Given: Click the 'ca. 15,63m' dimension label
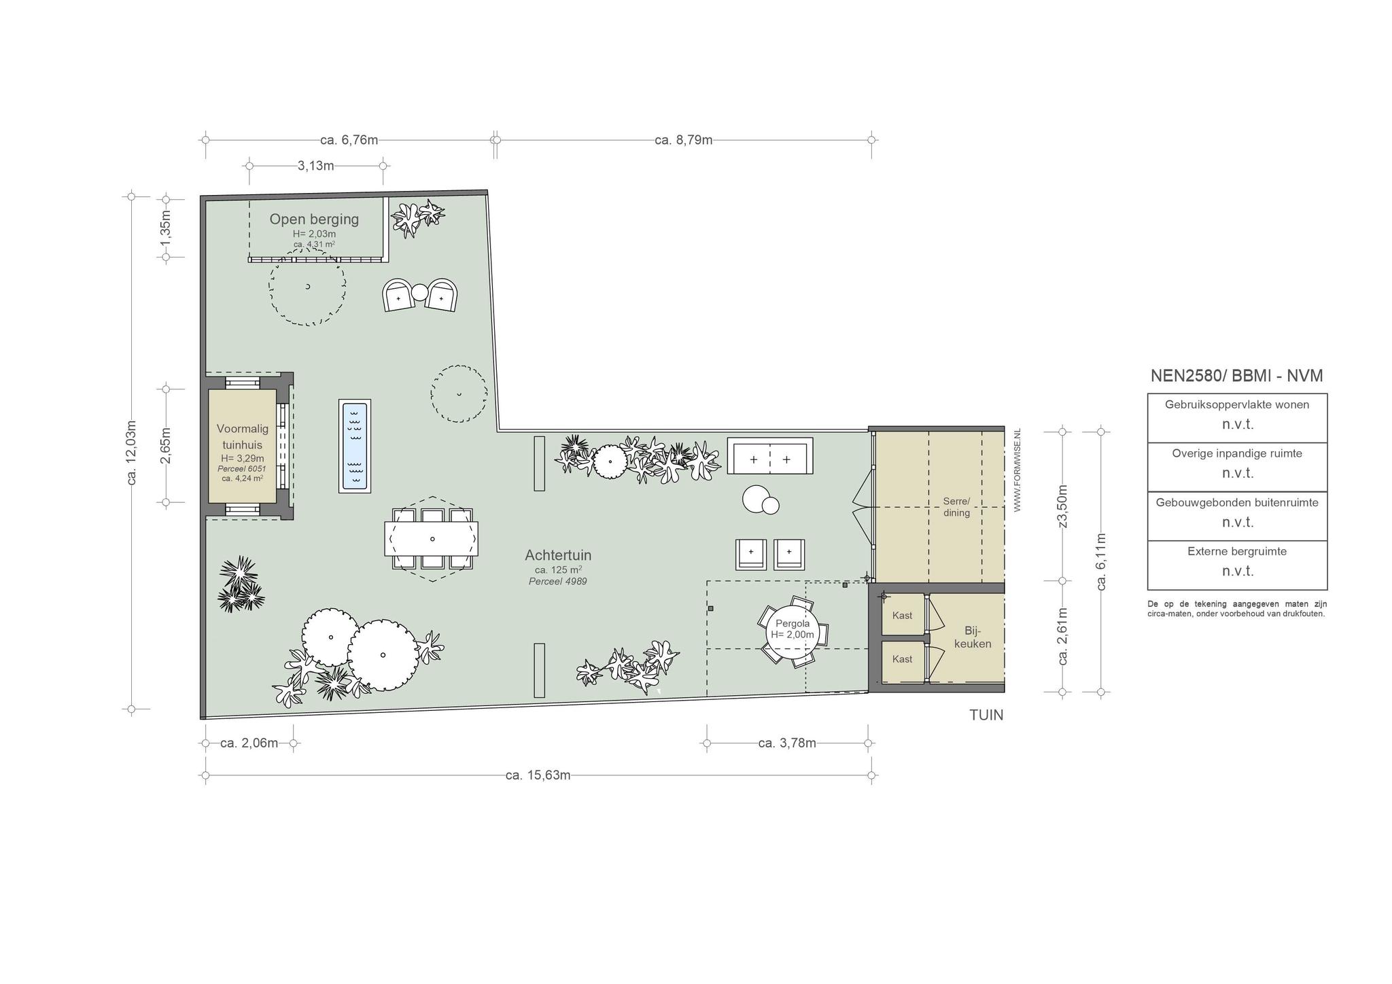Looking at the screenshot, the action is click(x=538, y=775).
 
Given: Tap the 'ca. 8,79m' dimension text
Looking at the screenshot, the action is click(x=683, y=140).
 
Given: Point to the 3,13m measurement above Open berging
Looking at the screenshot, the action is click(x=315, y=166).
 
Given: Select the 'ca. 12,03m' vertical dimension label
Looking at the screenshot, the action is click(x=132, y=452).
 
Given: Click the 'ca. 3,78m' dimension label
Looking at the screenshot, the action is click(x=786, y=743).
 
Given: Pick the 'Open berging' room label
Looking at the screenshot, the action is click(x=314, y=219).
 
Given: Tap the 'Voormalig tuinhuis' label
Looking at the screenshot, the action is click(x=243, y=436).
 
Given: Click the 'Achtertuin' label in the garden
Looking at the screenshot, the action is click(x=558, y=555).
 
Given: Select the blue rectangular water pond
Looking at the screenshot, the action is click(x=355, y=446).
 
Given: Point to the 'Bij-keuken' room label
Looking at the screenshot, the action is click(x=973, y=637).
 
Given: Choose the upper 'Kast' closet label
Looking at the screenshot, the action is click(x=902, y=616).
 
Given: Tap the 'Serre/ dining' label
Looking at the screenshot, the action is click(x=956, y=507).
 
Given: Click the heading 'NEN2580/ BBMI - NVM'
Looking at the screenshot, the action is click(x=1236, y=376).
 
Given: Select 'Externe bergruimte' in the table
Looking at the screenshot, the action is click(x=1237, y=551).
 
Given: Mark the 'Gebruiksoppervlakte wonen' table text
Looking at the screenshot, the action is click(x=1237, y=404).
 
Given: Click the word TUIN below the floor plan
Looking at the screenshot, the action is click(x=986, y=715).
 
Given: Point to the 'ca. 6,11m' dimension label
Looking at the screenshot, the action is click(x=1102, y=561).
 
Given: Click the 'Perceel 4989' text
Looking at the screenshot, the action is click(x=557, y=581).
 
